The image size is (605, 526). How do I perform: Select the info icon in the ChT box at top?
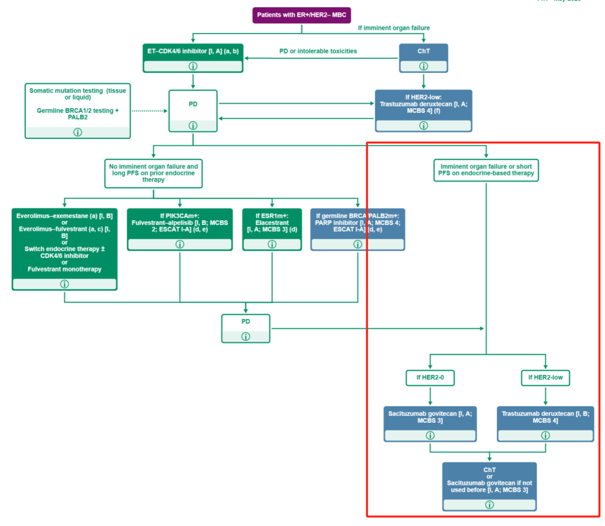pyautogui.click(x=423, y=66)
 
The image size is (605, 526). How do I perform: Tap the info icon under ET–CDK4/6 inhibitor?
pyautogui.click(x=193, y=66)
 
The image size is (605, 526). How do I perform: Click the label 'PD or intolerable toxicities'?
pyautogui.click(x=318, y=51)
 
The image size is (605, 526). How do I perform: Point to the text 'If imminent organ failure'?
pyautogui.click(x=394, y=27)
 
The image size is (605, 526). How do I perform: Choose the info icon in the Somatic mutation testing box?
pyautogui.click(x=77, y=132)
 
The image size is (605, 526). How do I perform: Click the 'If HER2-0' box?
pyautogui.click(x=430, y=378)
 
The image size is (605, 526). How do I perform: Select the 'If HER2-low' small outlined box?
pyautogui.click(x=545, y=378)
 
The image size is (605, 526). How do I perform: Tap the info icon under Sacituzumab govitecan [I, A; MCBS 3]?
pyautogui.click(x=430, y=435)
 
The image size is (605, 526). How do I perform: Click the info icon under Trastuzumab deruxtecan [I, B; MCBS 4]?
pyautogui.click(x=545, y=435)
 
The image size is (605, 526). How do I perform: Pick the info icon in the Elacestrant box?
pyautogui.click(x=272, y=244)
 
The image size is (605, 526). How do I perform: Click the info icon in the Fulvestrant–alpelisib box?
pyautogui.click(x=179, y=244)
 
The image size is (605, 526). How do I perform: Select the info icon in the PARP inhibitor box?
pyautogui.click(x=357, y=244)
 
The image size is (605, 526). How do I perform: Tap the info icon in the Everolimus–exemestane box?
pyautogui.click(x=64, y=284)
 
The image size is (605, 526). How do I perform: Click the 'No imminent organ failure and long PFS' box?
pyautogui.click(x=153, y=173)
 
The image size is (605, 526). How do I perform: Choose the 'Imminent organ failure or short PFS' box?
pyautogui.click(x=486, y=170)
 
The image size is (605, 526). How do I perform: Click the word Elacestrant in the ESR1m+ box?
pyautogui.click(x=272, y=222)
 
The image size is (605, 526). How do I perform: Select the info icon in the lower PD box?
pyautogui.click(x=245, y=336)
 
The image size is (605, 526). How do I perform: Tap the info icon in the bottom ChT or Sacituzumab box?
pyautogui.click(x=489, y=505)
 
